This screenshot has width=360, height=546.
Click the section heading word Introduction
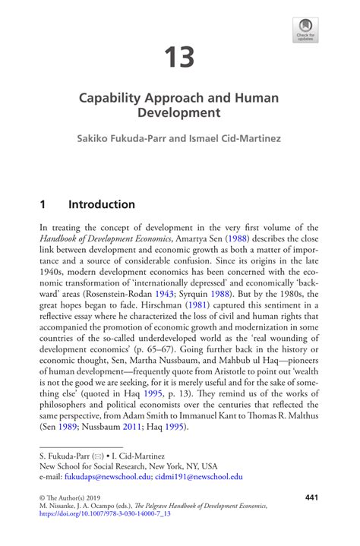coord(102,204)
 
